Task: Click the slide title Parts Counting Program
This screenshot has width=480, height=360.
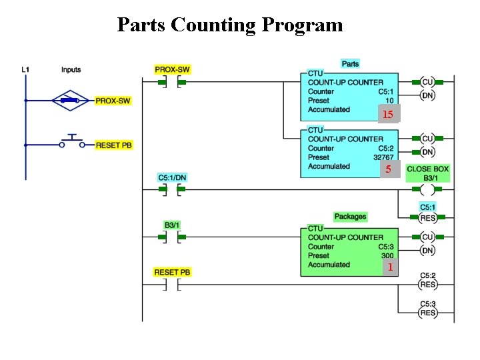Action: tap(230, 25)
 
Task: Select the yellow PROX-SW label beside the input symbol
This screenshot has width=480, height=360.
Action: tap(113, 101)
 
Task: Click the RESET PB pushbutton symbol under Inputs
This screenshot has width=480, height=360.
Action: tap(72, 143)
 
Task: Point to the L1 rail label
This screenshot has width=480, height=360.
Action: tap(25, 69)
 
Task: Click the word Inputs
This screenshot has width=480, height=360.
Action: tap(71, 69)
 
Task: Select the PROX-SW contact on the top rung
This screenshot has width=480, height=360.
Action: tap(172, 83)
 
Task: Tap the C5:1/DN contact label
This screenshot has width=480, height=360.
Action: tap(172, 178)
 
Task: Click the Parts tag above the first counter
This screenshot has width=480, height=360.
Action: tap(350, 64)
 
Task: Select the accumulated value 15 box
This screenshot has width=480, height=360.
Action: tap(387, 115)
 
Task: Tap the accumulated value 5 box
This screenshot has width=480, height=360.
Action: tap(388, 170)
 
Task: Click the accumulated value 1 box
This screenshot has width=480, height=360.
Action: tap(390, 267)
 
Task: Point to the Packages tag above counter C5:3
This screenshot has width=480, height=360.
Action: tap(350, 217)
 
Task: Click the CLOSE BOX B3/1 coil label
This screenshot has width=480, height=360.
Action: tap(427, 173)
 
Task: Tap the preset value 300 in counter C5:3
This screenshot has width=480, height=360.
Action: tap(387, 255)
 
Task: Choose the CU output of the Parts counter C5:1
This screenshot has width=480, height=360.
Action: tap(427, 82)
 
